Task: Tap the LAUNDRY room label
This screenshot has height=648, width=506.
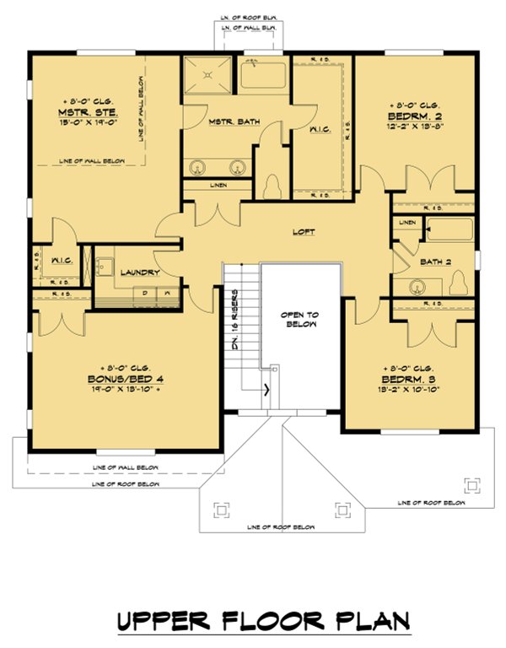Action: coord(140,273)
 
